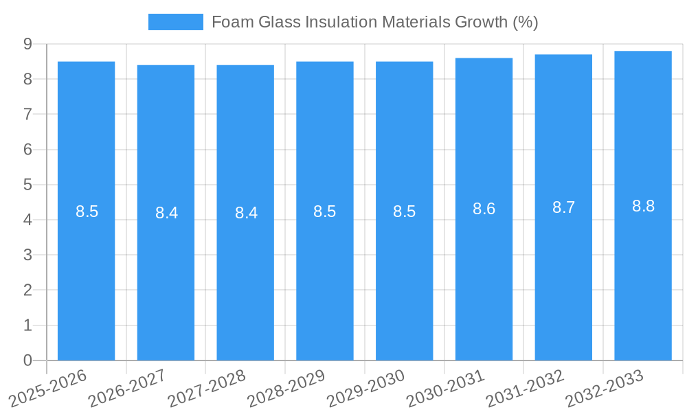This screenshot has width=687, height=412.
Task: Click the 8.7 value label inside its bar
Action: tap(563, 207)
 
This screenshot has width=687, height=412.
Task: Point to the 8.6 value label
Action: tap(484, 209)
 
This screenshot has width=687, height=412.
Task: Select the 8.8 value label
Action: tap(643, 205)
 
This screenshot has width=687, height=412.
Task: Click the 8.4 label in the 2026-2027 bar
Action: tap(166, 213)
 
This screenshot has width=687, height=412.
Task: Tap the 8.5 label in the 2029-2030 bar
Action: tap(404, 211)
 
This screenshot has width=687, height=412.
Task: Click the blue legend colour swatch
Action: tap(176, 22)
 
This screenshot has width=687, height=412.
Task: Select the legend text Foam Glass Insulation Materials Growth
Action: tap(374, 22)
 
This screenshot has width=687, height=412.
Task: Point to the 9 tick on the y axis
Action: tap(27, 44)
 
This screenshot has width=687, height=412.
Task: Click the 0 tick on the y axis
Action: tap(27, 360)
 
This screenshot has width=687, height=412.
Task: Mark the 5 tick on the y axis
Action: tap(27, 185)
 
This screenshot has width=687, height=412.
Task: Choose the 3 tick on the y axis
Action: tap(27, 255)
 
